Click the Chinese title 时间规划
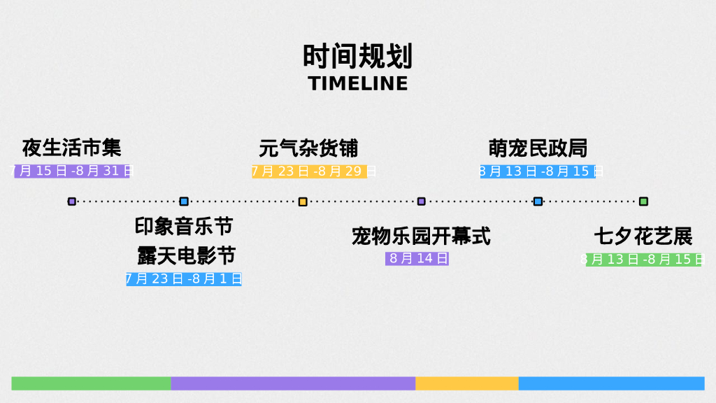pyautogui.click(x=357, y=55)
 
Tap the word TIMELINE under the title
pyautogui.click(x=357, y=83)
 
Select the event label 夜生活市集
pyautogui.click(x=71, y=148)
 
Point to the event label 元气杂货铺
pyautogui.click(x=308, y=148)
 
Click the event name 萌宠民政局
pyautogui.click(x=538, y=148)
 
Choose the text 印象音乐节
pyautogui.click(x=184, y=227)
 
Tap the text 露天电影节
pyautogui.click(x=186, y=255)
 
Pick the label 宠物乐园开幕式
pyautogui.click(x=421, y=236)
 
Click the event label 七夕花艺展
pyautogui.click(x=643, y=236)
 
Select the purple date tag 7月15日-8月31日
pyautogui.click(x=72, y=171)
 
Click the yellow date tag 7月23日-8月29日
pyautogui.click(x=310, y=171)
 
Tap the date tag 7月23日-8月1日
pyautogui.click(x=184, y=279)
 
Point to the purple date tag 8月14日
pyautogui.click(x=417, y=258)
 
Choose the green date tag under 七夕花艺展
pyautogui.click(x=643, y=260)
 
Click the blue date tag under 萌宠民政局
pyautogui.click(x=538, y=171)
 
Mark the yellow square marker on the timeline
pyautogui.click(x=303, y=201)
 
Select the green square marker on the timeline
pyautogui.click(x=643, y=201)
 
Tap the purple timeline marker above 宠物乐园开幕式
pyautogui.click(x=422, y=201)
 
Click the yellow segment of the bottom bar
pyautogui.click(x=467, y=383)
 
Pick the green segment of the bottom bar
pyautogui.click(x=91, y=383)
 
